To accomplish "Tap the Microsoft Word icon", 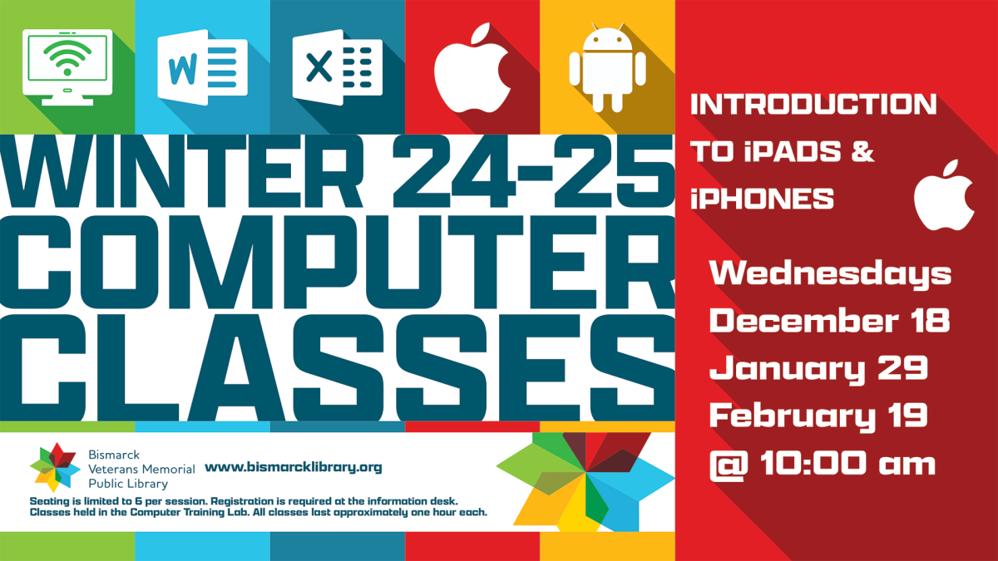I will [202, 66].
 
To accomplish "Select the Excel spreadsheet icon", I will [337, 66].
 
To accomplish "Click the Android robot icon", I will [607, 68].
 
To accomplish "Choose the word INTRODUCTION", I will [813, 105].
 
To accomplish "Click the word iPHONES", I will [763, 199].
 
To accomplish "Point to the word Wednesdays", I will [829, 273].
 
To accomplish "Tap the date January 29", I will [818, 367].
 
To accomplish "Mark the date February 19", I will [818, 415].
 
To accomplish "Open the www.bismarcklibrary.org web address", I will [293, 467].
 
